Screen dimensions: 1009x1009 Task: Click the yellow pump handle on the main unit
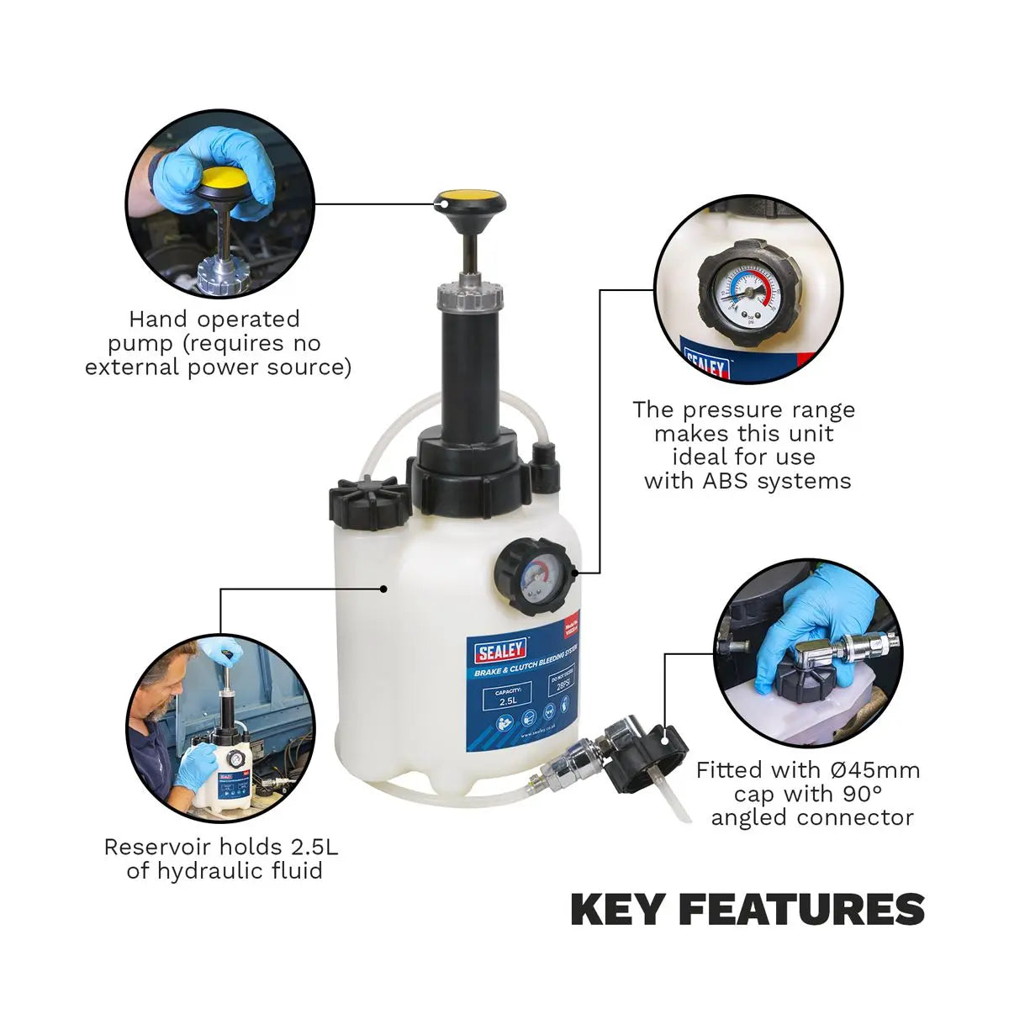click(470, 202)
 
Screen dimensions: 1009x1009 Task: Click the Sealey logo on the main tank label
click(502, 649)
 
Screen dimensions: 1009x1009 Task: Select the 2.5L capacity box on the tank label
click(507, 696)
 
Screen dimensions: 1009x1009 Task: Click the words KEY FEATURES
click(748, 910)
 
